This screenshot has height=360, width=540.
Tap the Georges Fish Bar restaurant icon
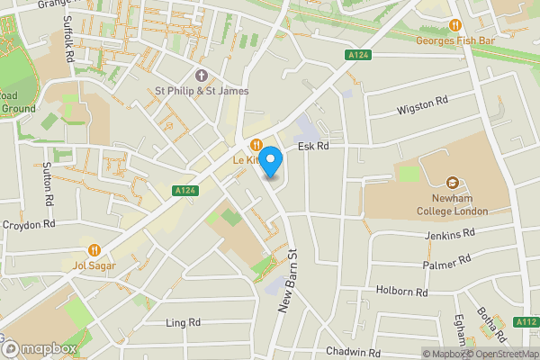tap(455, 25)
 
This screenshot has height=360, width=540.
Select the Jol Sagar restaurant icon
tap(94, 250)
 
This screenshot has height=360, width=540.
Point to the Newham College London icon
tap(452, 183)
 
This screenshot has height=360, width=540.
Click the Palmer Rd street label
tap(447, 262)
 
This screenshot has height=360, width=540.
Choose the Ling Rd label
tap(183, 321)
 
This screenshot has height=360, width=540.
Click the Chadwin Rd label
tap(355, 352)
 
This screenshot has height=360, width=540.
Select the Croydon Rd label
tap(30, 224)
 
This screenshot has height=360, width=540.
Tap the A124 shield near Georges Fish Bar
tap(358, 56)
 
